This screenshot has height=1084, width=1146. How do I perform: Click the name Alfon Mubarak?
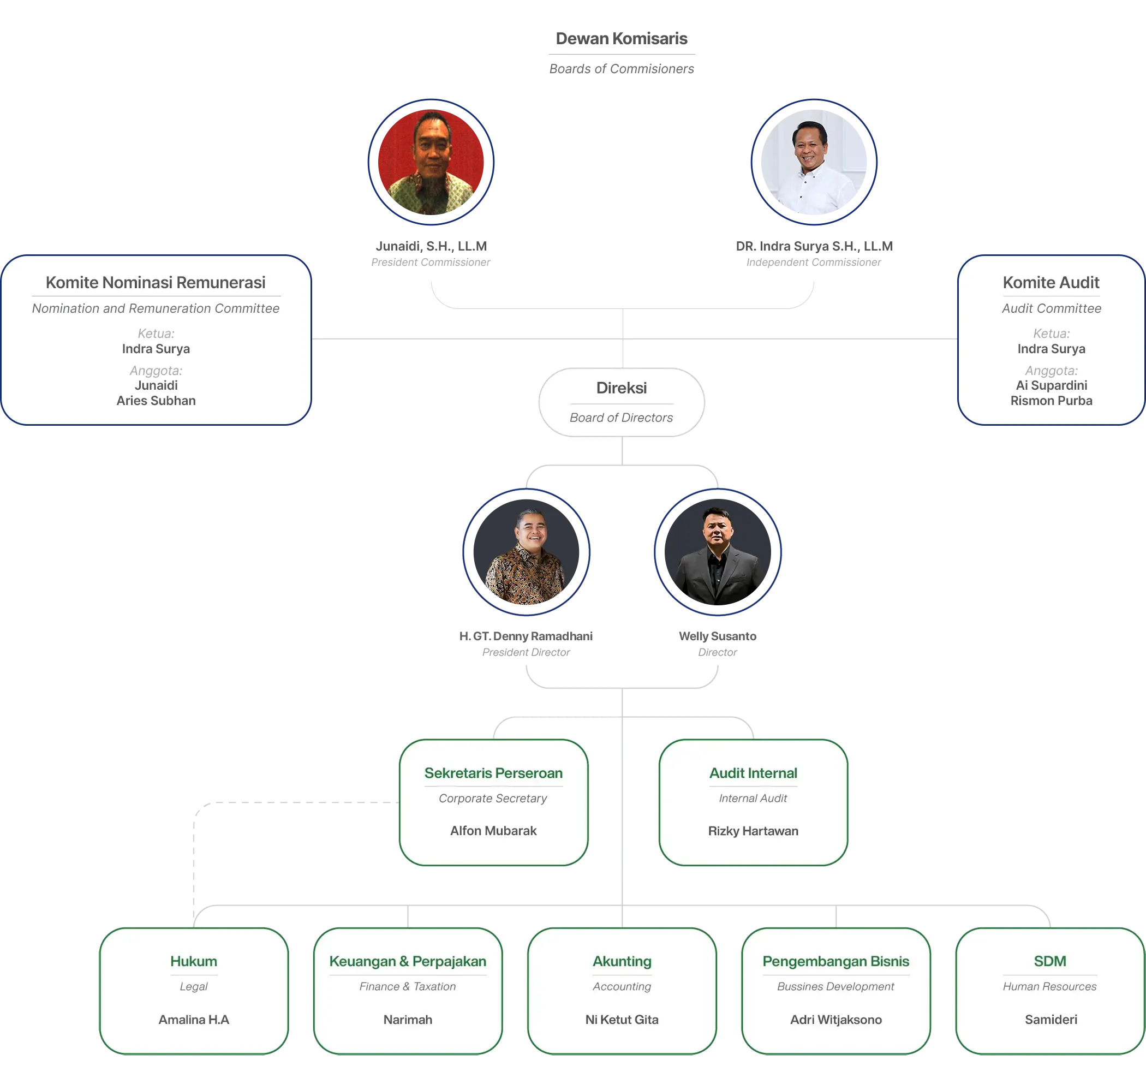[x=493, y=831]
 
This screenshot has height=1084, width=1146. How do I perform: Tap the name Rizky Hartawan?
[x=753, y=831]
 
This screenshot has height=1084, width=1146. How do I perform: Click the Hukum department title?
[x=194, y=962]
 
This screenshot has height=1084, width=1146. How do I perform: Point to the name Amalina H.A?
[x=194, y=1020]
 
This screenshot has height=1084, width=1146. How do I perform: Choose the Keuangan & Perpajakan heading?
[x=407, y=962]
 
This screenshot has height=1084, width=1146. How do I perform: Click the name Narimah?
[x=407, y=1020]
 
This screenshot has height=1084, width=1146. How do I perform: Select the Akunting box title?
[x=622, y=962]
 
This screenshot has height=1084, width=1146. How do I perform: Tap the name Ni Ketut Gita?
[x=622, y=1020]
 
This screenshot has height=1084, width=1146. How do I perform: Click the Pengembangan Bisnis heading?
[x=835, y=962]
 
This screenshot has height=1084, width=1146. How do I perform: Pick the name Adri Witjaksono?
[x=835, y=1020]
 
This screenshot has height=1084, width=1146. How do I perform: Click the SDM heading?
[x=1049, y=962]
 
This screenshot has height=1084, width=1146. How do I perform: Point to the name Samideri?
[x=1050, y=1020]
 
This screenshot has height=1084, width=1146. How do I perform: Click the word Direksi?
[x=621, y=388]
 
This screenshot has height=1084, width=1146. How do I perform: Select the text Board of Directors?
[x=621, y=418]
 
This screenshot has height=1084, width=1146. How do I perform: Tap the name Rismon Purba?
[x=1050, y=401]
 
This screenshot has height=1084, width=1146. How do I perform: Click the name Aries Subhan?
[x=156, y=401]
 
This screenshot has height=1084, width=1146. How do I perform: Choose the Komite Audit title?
[x=1050, y=283]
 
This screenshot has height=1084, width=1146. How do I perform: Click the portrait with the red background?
[x=431, y=162]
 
